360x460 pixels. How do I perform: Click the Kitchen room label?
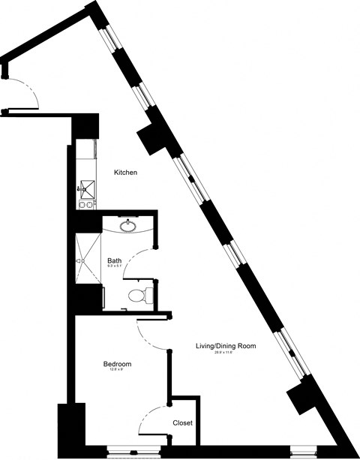125,173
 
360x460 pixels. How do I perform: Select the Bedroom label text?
118,364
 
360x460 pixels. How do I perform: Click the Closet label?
182,423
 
